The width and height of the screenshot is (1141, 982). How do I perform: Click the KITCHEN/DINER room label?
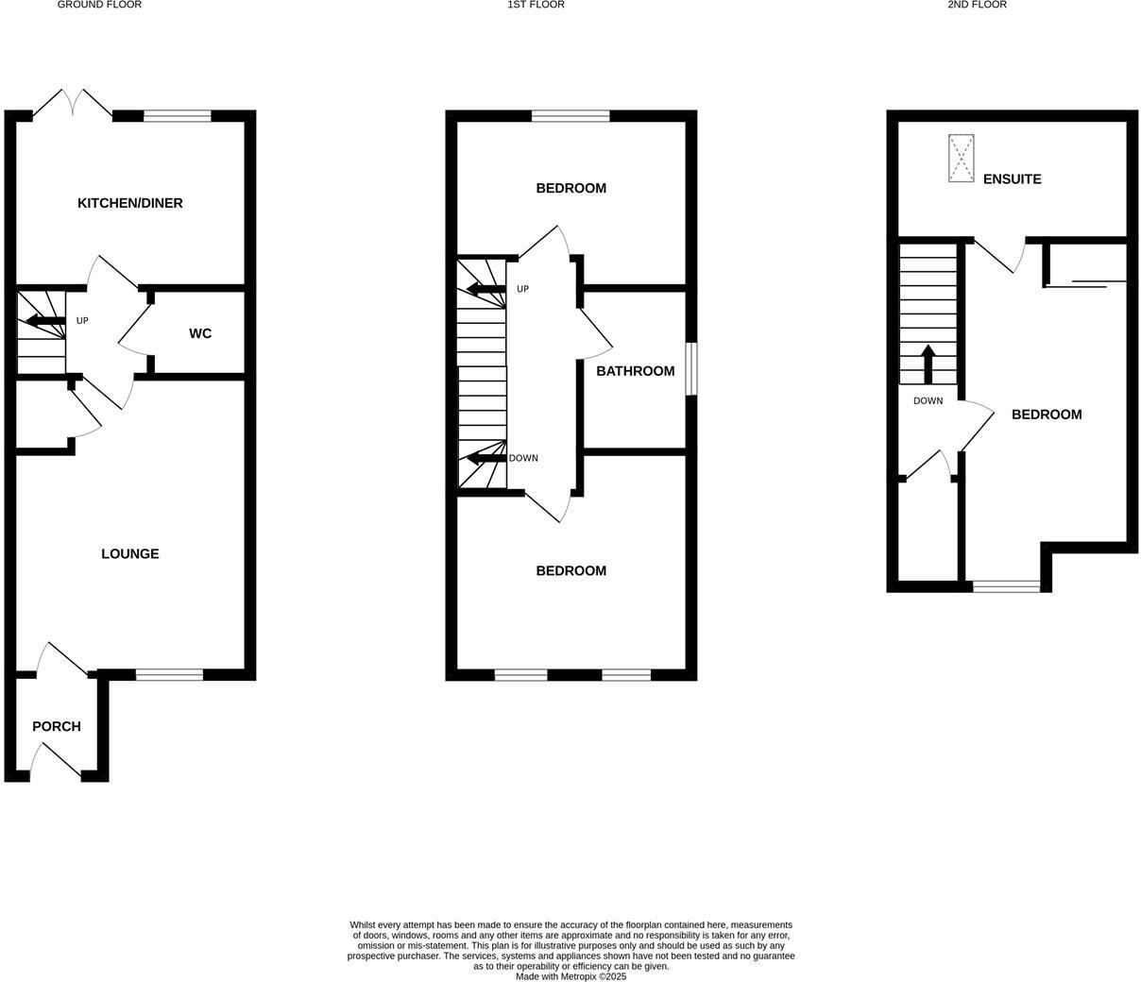point(130,203)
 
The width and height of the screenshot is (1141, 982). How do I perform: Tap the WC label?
point(200,333)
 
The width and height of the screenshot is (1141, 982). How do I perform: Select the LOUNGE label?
point(130,554)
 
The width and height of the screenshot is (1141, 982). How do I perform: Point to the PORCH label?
point(57,726)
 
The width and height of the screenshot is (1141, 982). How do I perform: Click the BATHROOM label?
point(636,371)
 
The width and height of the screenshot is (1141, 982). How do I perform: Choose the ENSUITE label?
point(1013,178)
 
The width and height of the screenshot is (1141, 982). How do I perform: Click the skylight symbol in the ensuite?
point(962,159)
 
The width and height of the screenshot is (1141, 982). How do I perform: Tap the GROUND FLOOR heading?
point(100,5)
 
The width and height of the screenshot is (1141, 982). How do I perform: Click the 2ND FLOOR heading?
point(978,5)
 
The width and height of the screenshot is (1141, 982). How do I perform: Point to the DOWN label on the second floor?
point(928,401)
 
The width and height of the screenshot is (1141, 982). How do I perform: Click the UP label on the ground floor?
point(82,321)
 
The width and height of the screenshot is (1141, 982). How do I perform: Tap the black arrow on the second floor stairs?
point(928,364)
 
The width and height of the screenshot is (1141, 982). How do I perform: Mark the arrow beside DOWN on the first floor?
point(485,460)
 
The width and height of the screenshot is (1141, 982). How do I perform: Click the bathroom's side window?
point(691,368)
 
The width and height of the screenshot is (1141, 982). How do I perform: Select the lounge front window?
point(169,674)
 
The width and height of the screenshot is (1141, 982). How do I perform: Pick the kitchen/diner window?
point(177,116)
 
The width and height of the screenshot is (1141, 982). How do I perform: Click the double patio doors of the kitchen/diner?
point(73,104)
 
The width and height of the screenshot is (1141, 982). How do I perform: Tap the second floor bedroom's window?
point(1007,586)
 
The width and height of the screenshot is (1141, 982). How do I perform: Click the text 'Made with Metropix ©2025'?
point(570,976)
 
